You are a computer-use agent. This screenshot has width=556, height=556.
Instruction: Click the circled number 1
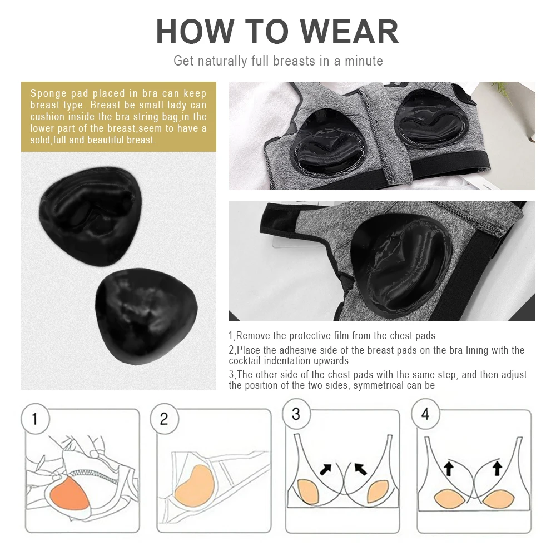(x=35, y=419)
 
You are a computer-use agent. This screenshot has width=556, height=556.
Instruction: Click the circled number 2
(x=164, y=419)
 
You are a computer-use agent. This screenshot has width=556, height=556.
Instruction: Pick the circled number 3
(x=296, y=414)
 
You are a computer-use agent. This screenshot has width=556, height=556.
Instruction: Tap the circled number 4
(x=425, y=414)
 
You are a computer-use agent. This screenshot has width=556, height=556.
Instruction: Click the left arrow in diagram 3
(x=325, y=469)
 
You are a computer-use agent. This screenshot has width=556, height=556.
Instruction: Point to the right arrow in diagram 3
(x=361, y=469)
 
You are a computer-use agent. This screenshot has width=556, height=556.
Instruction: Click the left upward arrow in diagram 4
(x=449, y=468)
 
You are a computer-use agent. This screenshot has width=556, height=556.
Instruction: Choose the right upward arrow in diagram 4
(x=497, y=468)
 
